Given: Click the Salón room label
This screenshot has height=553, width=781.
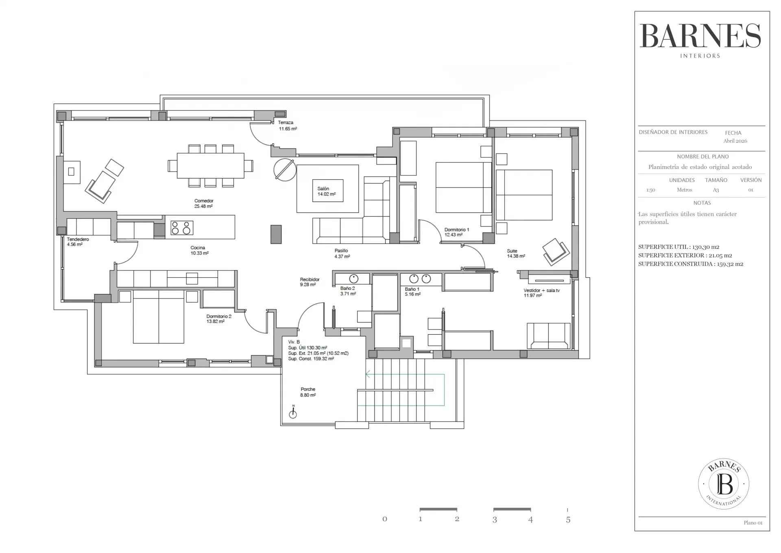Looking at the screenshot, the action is point(326,191).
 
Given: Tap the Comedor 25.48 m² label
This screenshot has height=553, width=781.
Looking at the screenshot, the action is point(203,204).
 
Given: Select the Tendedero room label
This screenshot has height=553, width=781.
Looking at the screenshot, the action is point(78,242).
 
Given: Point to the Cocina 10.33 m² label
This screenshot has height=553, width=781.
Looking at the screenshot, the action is point(199,250).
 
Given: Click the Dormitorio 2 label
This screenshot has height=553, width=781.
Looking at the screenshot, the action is point(218,319).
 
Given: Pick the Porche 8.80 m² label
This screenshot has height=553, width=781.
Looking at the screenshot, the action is point(308,392).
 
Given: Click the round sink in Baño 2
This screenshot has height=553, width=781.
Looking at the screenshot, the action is point(353,279).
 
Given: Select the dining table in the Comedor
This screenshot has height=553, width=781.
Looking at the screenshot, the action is point(210,166).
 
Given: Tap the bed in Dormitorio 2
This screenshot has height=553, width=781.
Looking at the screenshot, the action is point(158,317).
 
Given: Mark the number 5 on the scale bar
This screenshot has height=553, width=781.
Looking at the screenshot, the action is point(568,520).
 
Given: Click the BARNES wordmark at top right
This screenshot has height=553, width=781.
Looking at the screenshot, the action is point(700,35).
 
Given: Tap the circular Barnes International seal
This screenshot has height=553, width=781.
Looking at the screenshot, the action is point(724,484).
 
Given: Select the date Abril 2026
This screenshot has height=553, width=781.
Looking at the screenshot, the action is point(735,141).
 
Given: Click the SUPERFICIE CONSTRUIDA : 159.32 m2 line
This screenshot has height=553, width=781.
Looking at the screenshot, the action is point(691,264).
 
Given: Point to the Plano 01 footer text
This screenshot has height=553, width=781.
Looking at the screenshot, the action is point(753,523).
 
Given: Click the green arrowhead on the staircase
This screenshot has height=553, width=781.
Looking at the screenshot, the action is point(368,374).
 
